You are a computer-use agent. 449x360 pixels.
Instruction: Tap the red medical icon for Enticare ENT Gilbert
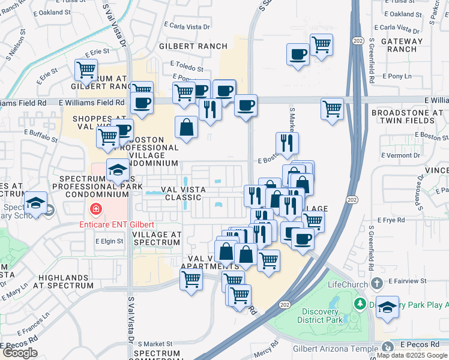(94, 209)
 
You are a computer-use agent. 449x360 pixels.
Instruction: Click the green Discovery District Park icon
(360, 304)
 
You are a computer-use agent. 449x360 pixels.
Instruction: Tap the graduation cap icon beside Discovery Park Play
(387, 307)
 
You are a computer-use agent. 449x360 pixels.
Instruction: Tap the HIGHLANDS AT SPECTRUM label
(66, 281)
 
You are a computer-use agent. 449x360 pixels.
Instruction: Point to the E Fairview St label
(407, 280)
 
